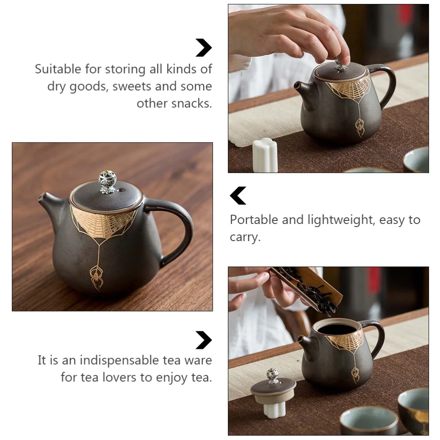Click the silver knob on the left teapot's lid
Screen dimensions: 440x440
107,181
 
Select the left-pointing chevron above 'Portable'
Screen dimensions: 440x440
238,196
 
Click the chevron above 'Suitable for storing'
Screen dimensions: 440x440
203,48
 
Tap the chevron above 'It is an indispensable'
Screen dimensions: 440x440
203,340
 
